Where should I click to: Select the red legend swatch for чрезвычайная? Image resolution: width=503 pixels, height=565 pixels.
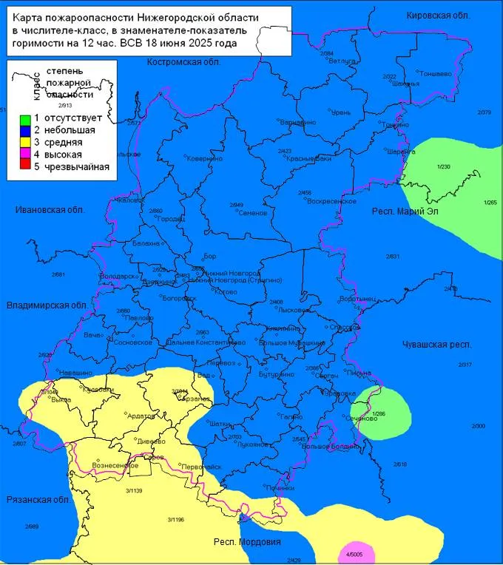(24, 166)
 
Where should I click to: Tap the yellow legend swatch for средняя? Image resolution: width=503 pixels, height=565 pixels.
(24, 143)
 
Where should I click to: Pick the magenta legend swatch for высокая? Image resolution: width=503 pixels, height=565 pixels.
(24, 155)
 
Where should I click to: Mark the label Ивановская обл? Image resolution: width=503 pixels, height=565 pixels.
(47, 210)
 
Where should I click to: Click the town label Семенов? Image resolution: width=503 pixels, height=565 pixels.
(252, 213)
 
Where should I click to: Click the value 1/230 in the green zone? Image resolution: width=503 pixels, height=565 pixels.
(444, 166)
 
